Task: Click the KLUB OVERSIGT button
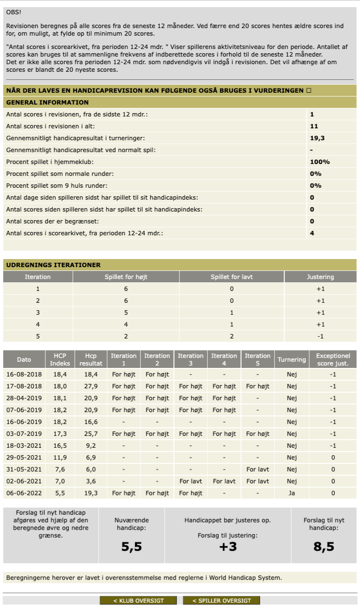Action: point(138,601)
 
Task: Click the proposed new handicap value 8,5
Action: point(323,547)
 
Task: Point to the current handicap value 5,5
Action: point(132,547)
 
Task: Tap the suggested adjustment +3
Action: point(228,547)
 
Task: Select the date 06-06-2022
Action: point(24,493)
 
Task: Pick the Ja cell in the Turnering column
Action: point(292,493)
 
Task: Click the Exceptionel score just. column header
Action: point(333,359)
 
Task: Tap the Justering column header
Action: point(320,277)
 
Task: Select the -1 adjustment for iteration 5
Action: point(320,336)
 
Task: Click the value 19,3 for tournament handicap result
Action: point(317,138)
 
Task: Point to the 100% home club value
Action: point(320,162)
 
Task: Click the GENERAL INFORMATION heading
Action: point(47,102)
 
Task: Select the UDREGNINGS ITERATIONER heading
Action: point(53,265)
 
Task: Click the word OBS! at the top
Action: point(13,12)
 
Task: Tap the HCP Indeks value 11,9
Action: point(60,457)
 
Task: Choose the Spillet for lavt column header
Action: point(232,277)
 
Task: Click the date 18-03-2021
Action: point(24,445)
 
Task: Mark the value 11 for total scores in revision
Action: point(314,126)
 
